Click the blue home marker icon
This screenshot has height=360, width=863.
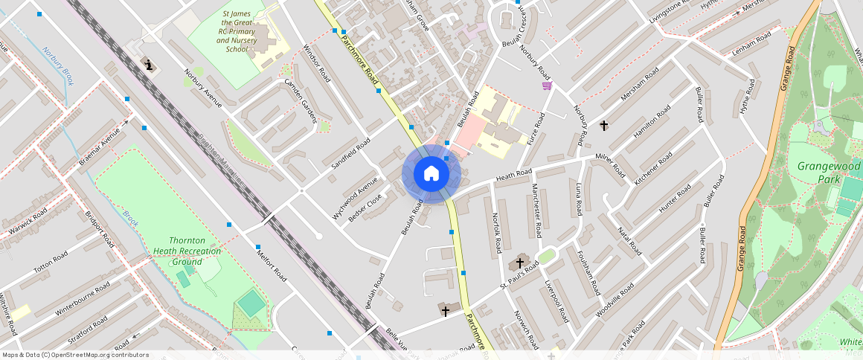tap(431, 174)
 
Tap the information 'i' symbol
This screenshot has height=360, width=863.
tap(150, 65)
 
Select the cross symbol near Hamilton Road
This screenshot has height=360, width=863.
tap(603, 126)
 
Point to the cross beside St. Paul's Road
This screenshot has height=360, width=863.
tap(520, 263)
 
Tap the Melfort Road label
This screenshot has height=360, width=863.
tap(271, 264)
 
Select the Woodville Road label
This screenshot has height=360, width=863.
tap(615, 300)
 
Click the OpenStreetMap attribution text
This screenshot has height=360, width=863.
tap(74, 355)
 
